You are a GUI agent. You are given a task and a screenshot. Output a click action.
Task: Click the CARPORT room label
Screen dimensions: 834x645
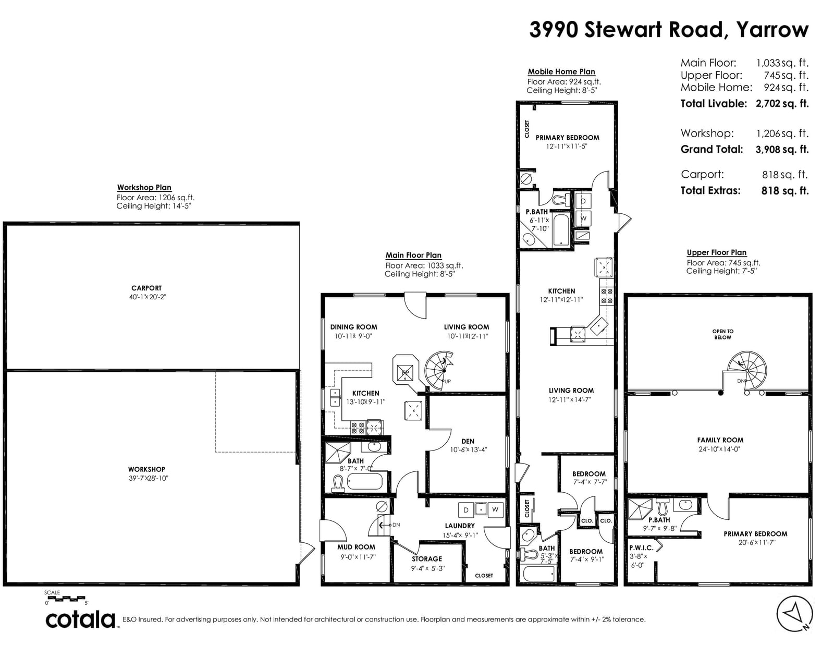click(x=146, y=288)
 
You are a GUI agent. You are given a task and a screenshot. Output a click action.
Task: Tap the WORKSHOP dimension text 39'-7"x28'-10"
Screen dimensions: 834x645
click(x=148, y=478)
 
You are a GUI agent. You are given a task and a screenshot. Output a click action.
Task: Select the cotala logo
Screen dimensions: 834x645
click(x=81, y=619)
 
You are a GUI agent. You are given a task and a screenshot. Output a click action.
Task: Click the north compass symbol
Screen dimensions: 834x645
click(x=794, y=614)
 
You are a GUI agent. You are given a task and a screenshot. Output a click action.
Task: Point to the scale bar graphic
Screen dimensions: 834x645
click(x=65, y=599)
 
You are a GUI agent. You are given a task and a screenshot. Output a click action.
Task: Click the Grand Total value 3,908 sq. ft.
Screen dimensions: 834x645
click(x=782, y=149)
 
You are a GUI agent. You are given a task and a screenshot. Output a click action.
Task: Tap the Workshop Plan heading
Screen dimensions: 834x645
click(x=144, y=187)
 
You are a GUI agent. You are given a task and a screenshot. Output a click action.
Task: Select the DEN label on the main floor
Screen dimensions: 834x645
click(x=468, y=442)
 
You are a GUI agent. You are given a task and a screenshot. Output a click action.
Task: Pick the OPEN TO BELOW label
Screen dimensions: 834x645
click(x=722, y=334)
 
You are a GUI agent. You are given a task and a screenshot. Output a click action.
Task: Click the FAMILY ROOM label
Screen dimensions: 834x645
click(x=720, y=441)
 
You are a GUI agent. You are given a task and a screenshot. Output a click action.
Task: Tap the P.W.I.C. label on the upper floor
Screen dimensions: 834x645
click(x=641, y=548)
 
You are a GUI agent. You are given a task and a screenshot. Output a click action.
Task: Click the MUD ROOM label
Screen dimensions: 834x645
click(x=356, y=547)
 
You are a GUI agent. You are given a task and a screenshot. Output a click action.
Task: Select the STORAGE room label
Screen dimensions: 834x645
click(x=427, y=559)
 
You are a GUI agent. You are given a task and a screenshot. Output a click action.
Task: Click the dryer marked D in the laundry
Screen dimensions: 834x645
click(x=466, y=510)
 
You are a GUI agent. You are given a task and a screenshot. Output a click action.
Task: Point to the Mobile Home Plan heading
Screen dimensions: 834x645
click(x=561, y=71)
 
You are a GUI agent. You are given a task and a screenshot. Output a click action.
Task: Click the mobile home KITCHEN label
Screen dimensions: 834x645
click(x=561, y=291)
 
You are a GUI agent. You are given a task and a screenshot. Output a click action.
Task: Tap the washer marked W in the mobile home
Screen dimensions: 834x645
click(x=583, y=218)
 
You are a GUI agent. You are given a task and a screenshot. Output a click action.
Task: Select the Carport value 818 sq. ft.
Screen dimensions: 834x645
click(x=785, y=175)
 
